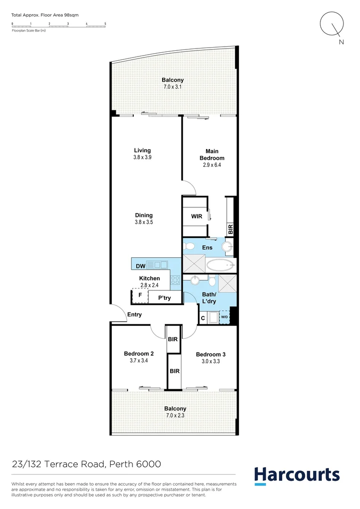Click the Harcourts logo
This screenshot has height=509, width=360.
tap(297, 476)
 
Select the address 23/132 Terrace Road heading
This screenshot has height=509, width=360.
tap(87, 464)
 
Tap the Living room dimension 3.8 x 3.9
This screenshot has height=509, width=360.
tap(142, 157)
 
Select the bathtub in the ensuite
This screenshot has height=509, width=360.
tap(220, 264)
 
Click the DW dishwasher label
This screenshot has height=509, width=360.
tap(140, 266)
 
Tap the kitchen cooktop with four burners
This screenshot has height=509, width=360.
tap(175, 280)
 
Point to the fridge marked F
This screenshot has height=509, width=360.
tap(140, 296)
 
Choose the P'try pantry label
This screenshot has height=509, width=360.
tap(164, 298)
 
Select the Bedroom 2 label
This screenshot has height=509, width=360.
tap(139, 354)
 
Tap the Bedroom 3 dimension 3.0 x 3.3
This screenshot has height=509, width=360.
tap(208, 362)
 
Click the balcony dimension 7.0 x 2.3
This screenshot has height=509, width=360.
tap(175, 415)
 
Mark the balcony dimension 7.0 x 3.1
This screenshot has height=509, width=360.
tap(172, 87)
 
